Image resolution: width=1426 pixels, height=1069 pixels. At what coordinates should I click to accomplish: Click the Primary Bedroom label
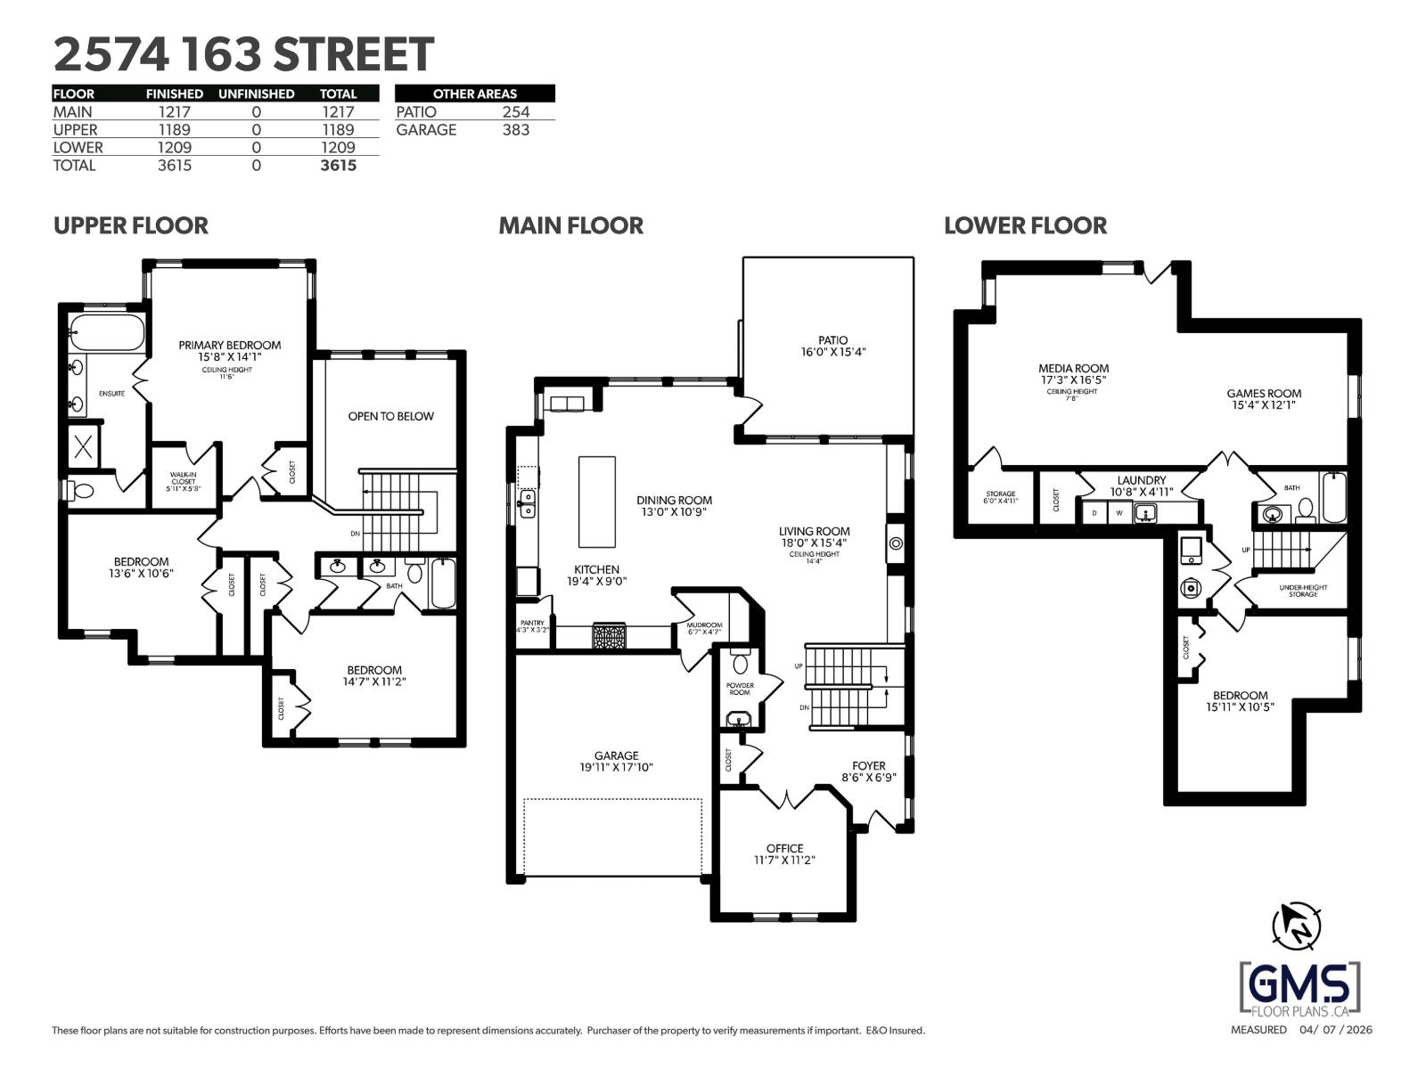click(x=229, y=345)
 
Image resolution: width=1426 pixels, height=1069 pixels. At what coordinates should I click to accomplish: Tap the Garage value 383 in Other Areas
click(x=515, y=130)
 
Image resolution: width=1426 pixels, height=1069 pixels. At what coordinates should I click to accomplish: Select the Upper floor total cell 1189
click(x=338, y=130)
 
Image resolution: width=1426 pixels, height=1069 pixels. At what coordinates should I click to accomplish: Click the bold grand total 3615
click(x=338, y=166)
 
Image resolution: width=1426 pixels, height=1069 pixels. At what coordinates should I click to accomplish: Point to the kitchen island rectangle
click(x=596, y=502)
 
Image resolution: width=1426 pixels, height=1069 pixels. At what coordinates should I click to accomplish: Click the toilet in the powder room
click(x=740, y=664)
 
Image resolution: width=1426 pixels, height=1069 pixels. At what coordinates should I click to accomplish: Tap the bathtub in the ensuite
click(x=107, y=332)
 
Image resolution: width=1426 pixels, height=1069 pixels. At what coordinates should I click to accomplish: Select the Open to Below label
click(x=390, y=416)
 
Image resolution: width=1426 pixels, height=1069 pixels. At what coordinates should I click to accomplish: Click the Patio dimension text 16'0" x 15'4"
click(x=832, y=353)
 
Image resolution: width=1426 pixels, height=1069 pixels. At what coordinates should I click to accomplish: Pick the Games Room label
click(x=1263, y=393)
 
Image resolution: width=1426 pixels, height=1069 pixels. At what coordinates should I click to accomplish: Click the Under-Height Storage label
click(x=1302, y=591)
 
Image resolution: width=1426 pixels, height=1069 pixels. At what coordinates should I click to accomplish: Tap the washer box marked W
click(x=1119, y=513)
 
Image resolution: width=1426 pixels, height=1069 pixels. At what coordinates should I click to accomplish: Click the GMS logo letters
click(x=1299, y=984)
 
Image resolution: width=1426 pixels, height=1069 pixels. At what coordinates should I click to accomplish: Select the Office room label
click(x=784, y=848)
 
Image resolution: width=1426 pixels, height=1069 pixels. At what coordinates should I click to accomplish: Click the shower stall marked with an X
click(x=83, y=447)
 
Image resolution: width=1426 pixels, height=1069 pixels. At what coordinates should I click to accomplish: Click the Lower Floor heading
click(x=1025, y=225)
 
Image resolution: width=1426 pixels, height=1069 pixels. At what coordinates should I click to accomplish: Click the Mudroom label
click(x=704, y=625)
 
